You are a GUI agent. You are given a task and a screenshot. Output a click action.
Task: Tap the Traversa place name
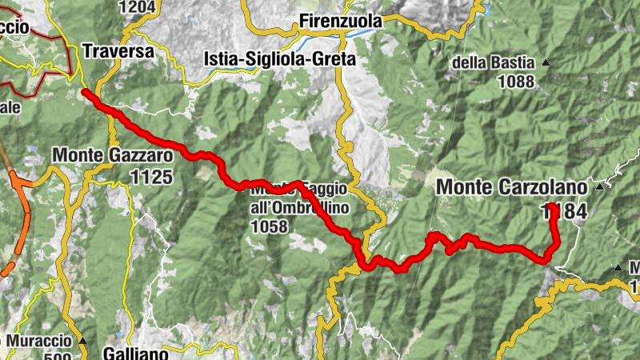[x=118, y=51]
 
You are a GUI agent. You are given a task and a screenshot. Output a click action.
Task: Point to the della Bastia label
[x=497, y=62]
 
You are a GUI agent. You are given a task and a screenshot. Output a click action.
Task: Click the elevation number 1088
[x=515, y=81]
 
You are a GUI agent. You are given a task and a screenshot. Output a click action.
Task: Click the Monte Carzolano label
[x=511, y=187]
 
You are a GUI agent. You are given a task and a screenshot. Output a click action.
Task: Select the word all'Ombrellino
[x=287, y=208]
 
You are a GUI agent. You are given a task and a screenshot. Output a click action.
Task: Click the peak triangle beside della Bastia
[x=546, y=62]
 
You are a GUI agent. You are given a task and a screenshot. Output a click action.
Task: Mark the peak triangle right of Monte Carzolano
[x=599, y=187]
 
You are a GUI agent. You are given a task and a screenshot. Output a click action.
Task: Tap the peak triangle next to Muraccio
[x=82, y=341]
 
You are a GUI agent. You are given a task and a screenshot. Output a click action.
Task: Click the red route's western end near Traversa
[x=85, y=93]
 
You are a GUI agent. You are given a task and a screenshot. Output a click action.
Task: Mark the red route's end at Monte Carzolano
[x=553, y=196]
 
